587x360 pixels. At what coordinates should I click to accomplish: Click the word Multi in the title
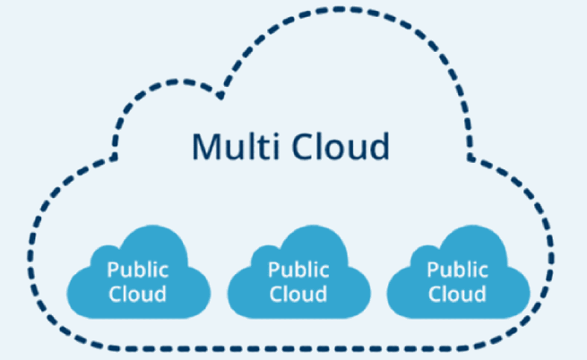click(x=230, y=146)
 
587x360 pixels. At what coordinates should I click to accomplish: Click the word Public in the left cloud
click(x=136, y=268)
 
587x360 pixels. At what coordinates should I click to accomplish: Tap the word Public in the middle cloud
click(x=298, y=268)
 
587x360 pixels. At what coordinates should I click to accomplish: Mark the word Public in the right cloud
click(x=457, y=268)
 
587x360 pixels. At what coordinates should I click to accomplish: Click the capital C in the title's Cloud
click(x=299, y=146)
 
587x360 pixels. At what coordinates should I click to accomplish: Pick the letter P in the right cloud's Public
click(x=434, y=268)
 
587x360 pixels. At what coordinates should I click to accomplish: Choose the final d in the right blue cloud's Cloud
click(x=481, y=293)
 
